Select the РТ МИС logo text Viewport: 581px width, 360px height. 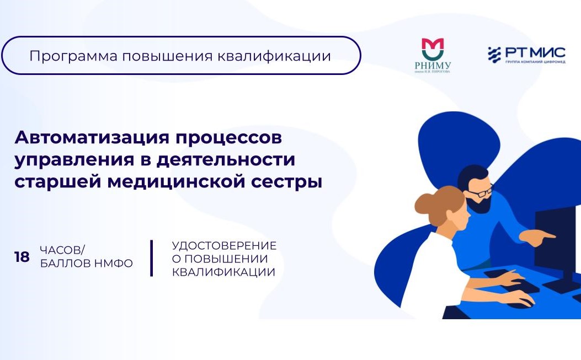pyautogui.click(x=534, y=52)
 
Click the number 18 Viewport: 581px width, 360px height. pyautogui.click(x=22, y=257)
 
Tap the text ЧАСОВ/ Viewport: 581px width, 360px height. pyautogui.click(x=62, y=250)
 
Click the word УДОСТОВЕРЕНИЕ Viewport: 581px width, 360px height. pyautogui.click(x=224, y=245)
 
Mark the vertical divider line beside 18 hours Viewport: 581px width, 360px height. pyautogui.click(x=151, y=258)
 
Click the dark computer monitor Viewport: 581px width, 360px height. pyautogui.click(x=557, y=232)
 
